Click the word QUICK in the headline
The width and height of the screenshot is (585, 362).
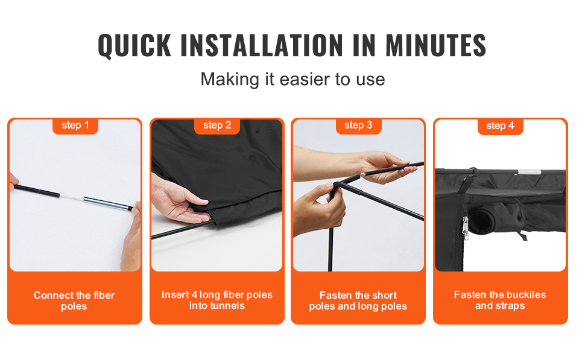(134, 45)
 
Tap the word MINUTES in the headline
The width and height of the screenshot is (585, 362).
(436, 45)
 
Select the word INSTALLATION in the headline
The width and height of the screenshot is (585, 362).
(262, 45)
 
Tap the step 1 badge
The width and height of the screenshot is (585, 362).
(75, 125)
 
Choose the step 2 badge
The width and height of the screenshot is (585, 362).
(217, 125)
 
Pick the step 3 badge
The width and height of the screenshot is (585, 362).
(358, 125)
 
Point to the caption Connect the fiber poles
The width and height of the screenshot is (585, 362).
(74, 300)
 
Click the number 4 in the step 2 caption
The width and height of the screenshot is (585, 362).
(194, 295)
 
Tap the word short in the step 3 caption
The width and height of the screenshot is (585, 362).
(383, 295)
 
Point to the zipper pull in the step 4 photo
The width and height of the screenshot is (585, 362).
(465, 228)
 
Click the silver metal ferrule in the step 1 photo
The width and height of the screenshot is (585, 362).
(106, 203)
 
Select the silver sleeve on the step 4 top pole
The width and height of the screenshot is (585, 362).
(529, 172)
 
